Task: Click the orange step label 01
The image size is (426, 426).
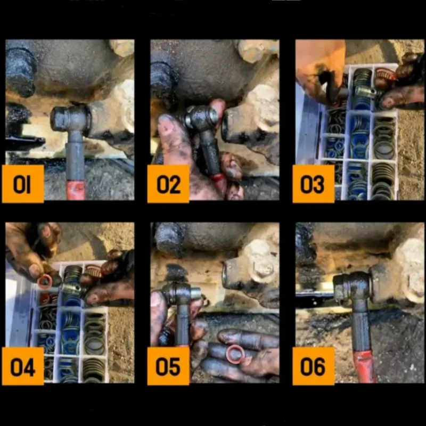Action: pyautogui.click(x=23, y=184)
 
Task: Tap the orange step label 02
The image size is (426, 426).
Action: pyautogui.click(x=168, y=184)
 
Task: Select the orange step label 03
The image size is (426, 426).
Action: pyautogui.click(x=313, y=184)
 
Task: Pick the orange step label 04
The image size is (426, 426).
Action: pyautogui.click(x=23, y=366)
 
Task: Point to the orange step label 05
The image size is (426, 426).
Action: pyautogui.click(x=168, y=366)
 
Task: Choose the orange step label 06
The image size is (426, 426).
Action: pyautogui.click(x=313, y=366)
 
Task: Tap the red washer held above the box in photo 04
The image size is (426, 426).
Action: pyautogui.click(x=45, y=282)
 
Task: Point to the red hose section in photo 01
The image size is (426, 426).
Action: pyautogui.click(x=76, y=191)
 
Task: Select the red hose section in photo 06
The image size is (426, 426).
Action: pyautogui.click(x=365, y=367)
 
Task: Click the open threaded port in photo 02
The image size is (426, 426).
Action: pyautogui.click(x=225, y=128)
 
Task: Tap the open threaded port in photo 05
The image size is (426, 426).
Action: pyautogui.click(x=225, y=274)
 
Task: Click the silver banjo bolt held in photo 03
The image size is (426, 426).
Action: pyautogui.click(x=366, y=91)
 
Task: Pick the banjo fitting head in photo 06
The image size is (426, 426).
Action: pyautogui.click(x=353, y=289)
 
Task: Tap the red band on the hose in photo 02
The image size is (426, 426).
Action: pyautogui.click(x=218, y=178)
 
